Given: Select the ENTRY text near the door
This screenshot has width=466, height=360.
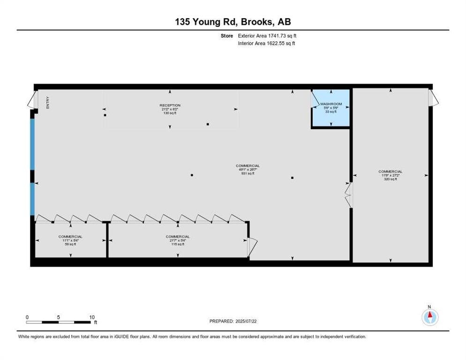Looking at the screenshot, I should click(x=48, y=103).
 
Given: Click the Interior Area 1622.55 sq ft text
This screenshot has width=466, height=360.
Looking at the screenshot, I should click(x=266, y=43).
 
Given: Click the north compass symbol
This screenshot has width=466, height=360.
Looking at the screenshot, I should click(x=429, y=317).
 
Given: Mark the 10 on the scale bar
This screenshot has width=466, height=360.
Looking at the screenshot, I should click(x=92, y=317).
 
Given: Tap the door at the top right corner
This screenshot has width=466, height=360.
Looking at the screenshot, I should click(x=434, y=97).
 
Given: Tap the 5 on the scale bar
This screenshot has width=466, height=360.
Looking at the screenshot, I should click(x=59, y=317).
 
